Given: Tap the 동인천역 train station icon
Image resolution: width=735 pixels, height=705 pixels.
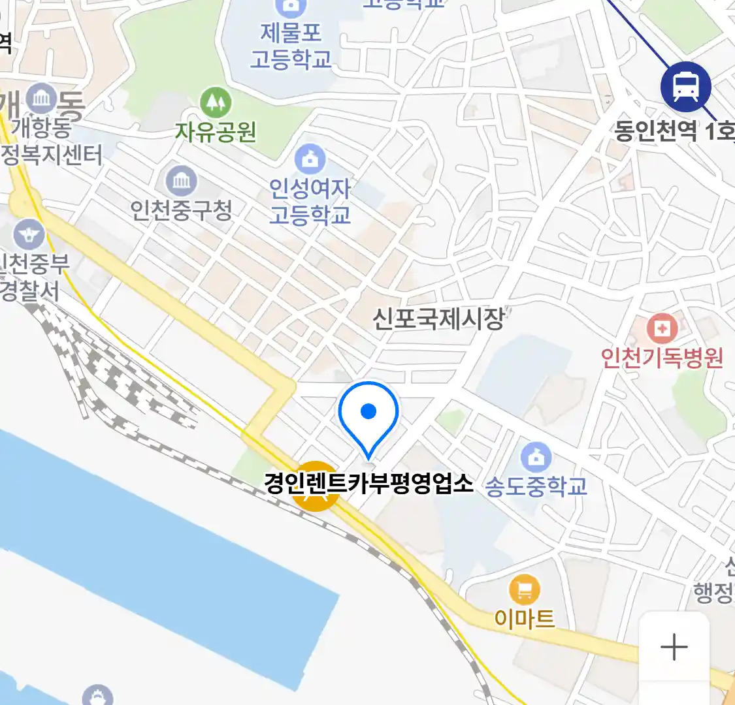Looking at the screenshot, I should tap(685, 86).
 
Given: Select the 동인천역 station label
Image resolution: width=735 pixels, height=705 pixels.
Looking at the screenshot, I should tap(673, 131).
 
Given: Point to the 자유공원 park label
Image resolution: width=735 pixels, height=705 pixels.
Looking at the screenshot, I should tap(215, 133).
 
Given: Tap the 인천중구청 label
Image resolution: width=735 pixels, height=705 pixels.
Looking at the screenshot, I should tap(181, 210).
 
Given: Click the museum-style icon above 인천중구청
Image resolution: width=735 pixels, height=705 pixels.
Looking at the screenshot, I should tap(181, 180).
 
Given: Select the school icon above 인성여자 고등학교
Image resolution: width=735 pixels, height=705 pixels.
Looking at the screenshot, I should tap(310, 159).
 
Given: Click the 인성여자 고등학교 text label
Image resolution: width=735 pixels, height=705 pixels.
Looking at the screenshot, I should tap(310, 201).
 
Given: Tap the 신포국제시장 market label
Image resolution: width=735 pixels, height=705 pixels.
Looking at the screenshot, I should tap(438, 319).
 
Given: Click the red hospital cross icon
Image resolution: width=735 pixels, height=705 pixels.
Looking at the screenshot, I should tap(662, 328).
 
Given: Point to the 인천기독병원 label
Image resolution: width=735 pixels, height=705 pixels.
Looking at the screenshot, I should tap(662, 358).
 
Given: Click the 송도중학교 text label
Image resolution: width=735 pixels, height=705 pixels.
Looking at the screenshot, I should tap(536, 486).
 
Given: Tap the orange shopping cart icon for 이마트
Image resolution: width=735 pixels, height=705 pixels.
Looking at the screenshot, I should tap(525, 590).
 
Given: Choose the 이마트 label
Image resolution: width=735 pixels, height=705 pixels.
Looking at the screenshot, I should tap(525, 618).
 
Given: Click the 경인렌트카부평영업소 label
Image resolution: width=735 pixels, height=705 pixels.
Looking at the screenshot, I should tap(368, 483).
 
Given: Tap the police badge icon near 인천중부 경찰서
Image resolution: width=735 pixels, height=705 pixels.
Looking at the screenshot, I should tap(29, 235).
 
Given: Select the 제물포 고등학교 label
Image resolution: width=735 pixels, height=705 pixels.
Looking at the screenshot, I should tap(291, 45).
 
